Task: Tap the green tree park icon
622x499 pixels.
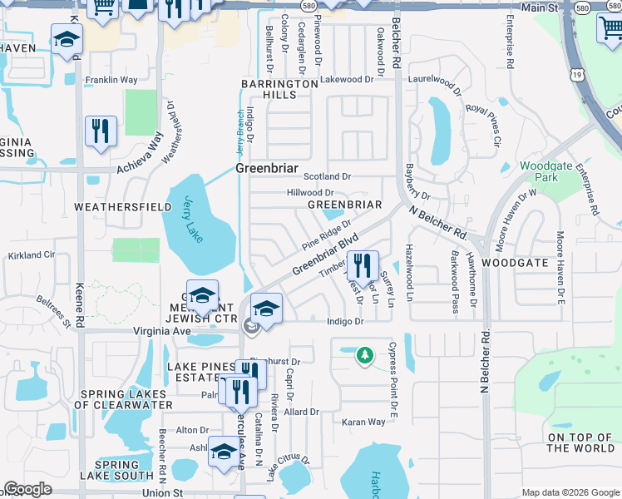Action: tap(364, 356)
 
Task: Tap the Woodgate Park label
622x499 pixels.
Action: tap(545, 171)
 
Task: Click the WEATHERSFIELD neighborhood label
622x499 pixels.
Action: tap(116, 205)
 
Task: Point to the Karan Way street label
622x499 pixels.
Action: tap(363, 422)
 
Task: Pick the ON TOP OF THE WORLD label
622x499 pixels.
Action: tap(580, 442)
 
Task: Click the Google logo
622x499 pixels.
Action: tap(28, 490)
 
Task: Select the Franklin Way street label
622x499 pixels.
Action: tap(111, 81)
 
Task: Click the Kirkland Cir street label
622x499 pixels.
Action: tap(32, 254)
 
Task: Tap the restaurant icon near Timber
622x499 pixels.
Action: tap(362, 266)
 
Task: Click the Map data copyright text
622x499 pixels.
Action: tap(570, 492)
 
